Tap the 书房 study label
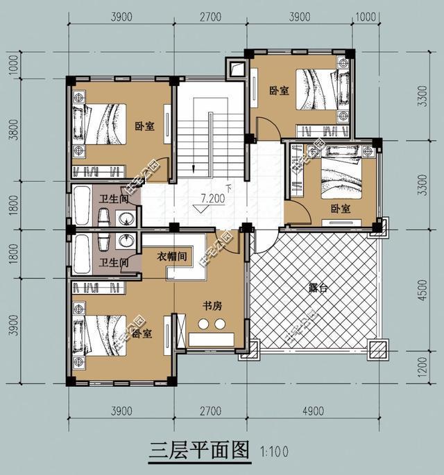click(212, 305)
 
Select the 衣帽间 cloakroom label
click(172, 256)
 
